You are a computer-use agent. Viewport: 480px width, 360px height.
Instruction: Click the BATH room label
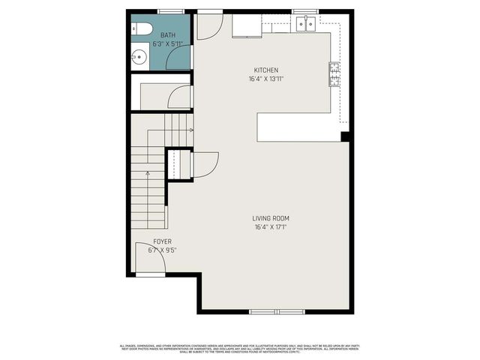[x=167, y=35]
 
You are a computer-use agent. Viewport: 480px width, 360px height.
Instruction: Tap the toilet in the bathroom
[x=143, y=29]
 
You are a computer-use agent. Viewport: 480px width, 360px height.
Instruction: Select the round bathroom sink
[x=138, y=55]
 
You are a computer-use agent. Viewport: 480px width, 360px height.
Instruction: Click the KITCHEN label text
[x=265, y=70]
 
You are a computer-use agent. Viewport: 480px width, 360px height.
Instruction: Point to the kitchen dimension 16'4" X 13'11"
[x=265, y=79]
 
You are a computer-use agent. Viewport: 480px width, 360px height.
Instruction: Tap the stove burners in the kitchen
[x=332, y=73]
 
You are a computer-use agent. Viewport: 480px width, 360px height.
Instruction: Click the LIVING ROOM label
[x=271, y=218]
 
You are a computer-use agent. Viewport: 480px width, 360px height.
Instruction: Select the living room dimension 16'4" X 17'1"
[x=271, y=227]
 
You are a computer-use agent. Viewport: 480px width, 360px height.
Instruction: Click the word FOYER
[x=162, y=241]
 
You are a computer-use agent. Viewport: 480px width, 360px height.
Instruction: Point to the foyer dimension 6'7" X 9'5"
[x=162, y=250]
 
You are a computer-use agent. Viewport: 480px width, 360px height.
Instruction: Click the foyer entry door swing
[x=147, y=259]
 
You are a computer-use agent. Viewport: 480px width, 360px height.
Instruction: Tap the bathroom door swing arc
[x=179, y=59]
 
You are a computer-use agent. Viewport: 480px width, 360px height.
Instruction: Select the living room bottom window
[x=276, y=311]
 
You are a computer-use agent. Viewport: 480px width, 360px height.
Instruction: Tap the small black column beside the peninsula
[x=345, y=136]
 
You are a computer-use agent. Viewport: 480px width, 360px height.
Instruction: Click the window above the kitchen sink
[x=303, y=11]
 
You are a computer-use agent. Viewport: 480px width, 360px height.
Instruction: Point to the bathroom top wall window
[x=171, y=11]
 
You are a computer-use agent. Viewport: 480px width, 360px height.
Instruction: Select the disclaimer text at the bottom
[x=240, y=348]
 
